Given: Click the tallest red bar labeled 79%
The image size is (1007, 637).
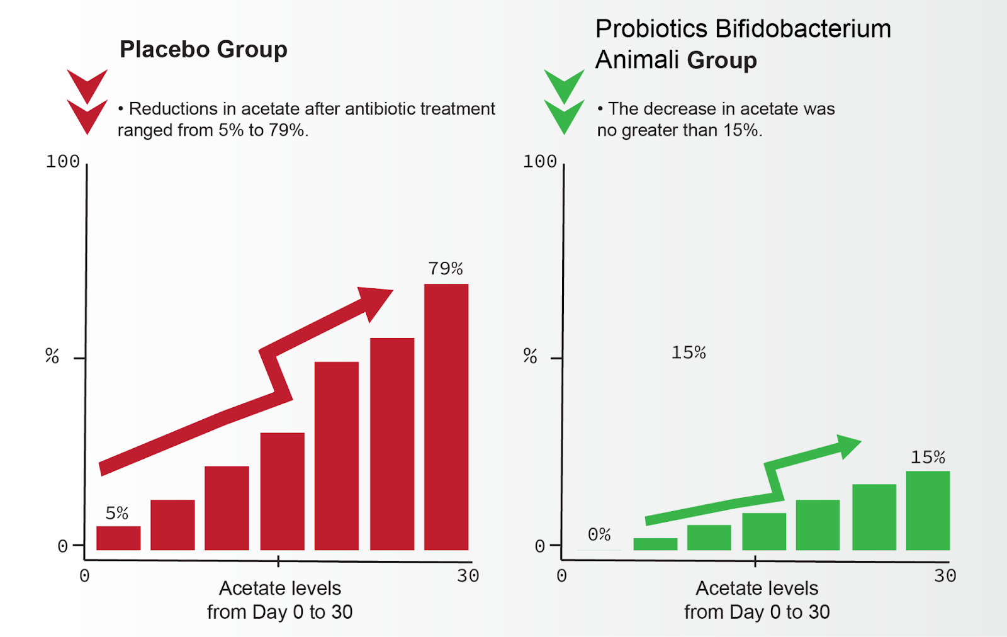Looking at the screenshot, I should pyautogui.click(x=446, y=417).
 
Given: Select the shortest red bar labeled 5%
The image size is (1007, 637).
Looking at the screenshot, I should pyautogui.click(x=118, y=538).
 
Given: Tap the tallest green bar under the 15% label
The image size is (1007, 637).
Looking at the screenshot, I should pyautogui.click(x=928, y=510).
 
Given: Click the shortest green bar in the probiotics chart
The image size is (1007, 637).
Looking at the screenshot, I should pyautogui.click(x=655, y=544).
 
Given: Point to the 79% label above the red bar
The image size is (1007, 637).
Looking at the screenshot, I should pyautogui.click(x=446, y=269).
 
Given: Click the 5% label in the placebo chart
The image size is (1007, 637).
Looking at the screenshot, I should pyautogui.click(x=117, y=513).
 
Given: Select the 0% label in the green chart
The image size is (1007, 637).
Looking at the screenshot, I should pyautogui.click(x=599, y=534).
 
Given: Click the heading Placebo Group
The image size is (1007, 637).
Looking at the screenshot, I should pyautogui.click(x=203, y=49).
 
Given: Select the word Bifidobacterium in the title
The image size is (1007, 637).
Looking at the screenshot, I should pyautogui.click(x=803, y=29).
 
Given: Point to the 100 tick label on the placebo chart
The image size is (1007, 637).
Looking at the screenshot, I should pyautogui.click(x=62, y=162).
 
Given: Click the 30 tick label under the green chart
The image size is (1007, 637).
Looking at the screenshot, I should pyautogui.click(x=945, y=575).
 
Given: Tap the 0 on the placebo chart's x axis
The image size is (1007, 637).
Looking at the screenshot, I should pyautogui.click(x=85, y=575).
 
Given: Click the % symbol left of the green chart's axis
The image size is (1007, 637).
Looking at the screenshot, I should pyautogui.click(x=530, y=356).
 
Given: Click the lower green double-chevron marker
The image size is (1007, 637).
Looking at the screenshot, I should pyautogui.click(x=564, y=116).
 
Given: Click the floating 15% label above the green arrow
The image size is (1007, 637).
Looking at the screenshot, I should pyautogui.click(x=689, y=352).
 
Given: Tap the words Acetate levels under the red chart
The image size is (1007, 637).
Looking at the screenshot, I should pyautogui.click(x=280, y=588).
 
